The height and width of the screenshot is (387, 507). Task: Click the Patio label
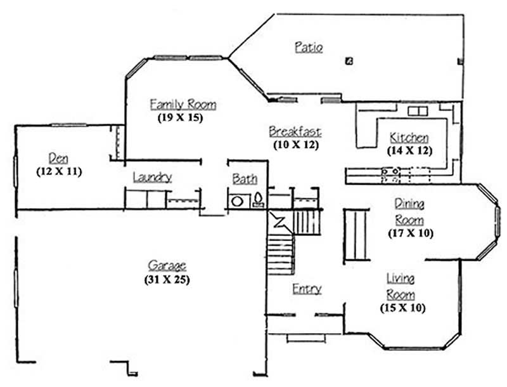click(309, 48)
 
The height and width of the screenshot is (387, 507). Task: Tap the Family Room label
click(183, 104)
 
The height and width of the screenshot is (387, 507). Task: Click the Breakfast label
click(295, 132)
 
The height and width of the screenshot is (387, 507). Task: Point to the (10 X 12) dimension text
click(295, 145)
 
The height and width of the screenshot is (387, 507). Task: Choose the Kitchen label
click(409, 138)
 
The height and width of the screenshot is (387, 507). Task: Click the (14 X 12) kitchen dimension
click(409, 151)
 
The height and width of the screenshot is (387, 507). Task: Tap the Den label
click(58, 157)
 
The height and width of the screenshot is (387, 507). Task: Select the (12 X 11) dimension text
click(59, 171)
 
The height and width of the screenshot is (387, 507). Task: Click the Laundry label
click(152, 177)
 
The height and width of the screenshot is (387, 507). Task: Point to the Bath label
click(245, 179)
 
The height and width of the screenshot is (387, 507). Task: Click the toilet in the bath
click(258, 201)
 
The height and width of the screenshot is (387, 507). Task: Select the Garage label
click(167, 266)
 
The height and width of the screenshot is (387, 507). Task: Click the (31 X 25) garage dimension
click(167, 279)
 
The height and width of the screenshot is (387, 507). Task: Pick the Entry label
click(307, 289)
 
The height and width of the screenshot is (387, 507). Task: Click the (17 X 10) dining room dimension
click(410, 233)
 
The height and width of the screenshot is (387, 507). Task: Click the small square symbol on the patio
click(349, 61)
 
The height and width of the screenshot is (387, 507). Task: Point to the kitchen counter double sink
click(390, 171)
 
